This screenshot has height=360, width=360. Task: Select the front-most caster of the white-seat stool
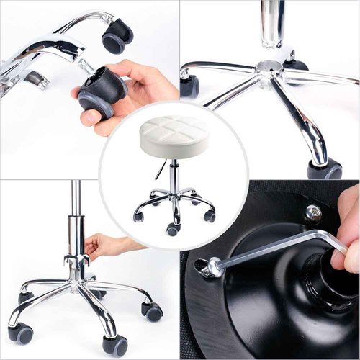click(x=173, y=229)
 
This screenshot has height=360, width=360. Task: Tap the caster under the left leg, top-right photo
click(x=189, y=86)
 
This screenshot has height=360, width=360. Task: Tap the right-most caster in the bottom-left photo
click(x=152, y=312)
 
